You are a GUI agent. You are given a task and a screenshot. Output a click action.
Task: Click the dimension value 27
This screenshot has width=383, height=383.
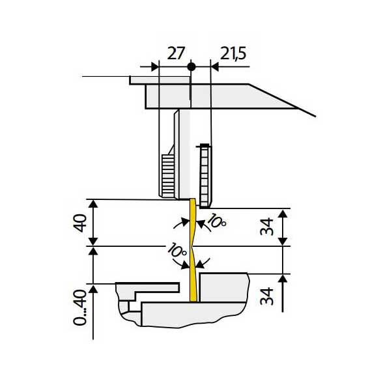pyautogui.click(x=175, y=53)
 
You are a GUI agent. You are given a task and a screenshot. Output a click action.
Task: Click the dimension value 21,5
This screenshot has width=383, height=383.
pyautogui.click(x=233, y=53)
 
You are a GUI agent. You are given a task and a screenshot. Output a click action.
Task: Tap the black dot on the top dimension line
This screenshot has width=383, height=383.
pyautogui.click(x=191, y=66)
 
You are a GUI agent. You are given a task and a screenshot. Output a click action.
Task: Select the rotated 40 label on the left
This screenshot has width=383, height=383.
pyautogui.click(x=80, y=223)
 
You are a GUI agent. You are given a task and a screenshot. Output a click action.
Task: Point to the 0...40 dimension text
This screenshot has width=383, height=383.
pyautogui.click(x=80, y=307)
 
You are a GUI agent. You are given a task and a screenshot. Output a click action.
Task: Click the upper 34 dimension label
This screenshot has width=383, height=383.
pyautogui.click(x=266, y=227)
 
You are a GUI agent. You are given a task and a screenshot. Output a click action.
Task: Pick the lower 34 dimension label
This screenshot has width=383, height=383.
pyautogui.click(x=266, y=296)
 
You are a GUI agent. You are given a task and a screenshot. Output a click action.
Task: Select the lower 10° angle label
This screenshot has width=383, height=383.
pyautogui.click(x=177, y=250)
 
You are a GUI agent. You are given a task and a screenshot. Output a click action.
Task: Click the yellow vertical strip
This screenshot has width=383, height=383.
pyautogui.click(x=193, y=250)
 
